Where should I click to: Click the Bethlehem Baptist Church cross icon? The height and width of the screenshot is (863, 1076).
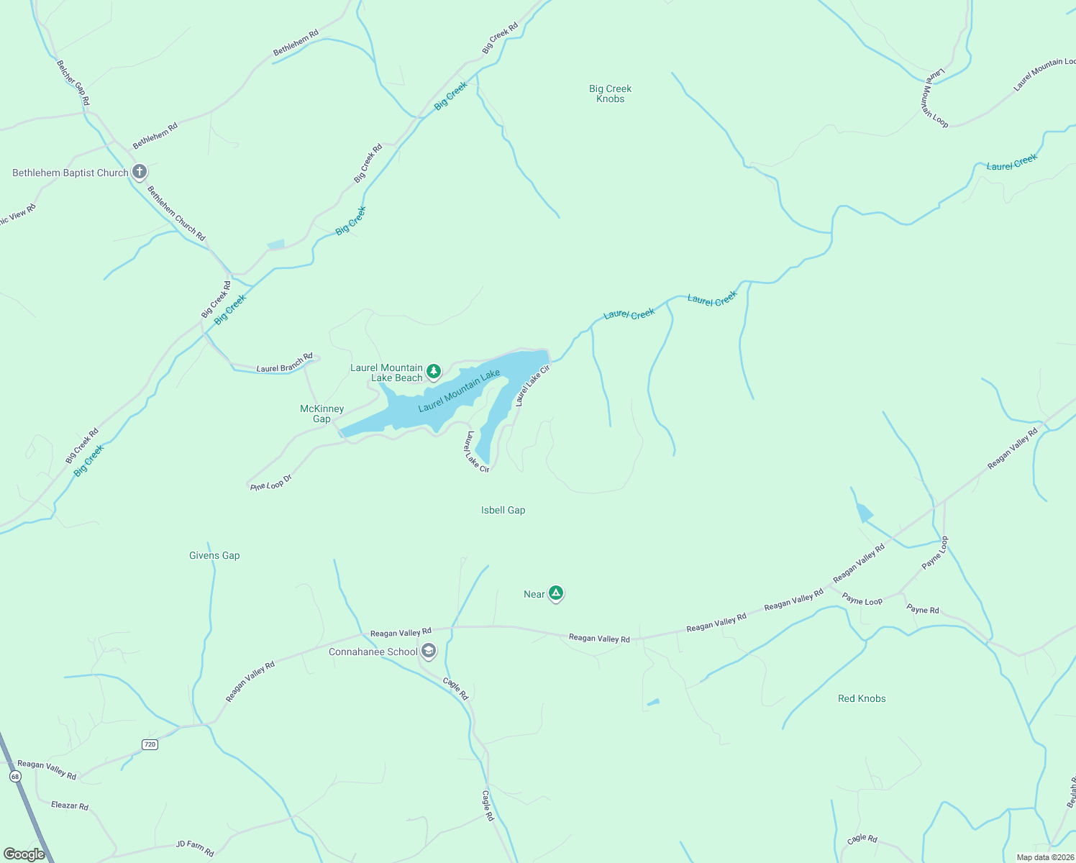pos(140,172)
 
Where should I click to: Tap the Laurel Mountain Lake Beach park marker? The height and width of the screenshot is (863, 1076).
pos(433,371)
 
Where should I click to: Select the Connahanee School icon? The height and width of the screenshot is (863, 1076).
pos(429,652)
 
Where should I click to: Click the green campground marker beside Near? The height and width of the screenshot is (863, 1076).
pos(555,593)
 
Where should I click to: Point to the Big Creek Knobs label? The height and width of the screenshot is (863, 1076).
pos(610,93)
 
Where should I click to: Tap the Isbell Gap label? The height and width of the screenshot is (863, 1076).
pos(503,510)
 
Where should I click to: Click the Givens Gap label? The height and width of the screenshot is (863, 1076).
pos(214,555)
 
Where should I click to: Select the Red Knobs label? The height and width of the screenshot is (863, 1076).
pos(862,698)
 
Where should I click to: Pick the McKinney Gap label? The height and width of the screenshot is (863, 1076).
pos(322,414)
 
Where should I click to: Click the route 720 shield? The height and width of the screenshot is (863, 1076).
pos(150,744)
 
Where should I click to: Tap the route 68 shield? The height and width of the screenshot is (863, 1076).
pos(15,777)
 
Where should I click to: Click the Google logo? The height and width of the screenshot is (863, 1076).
pos(24,854)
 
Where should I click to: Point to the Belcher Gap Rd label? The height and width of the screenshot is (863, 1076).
pos(73,83)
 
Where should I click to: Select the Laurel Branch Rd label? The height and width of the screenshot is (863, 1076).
pos(285,363)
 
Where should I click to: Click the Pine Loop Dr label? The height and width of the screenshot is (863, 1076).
pos(271,483)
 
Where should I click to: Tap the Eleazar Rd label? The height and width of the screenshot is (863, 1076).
pos(70,805)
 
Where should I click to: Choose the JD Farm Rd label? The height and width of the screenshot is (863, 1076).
pos(195,849)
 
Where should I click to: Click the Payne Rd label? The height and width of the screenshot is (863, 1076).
pos(923,610)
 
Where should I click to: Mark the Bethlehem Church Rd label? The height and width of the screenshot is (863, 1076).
pos(176,214)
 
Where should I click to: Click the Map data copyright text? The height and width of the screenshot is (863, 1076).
pos(1044,857)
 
